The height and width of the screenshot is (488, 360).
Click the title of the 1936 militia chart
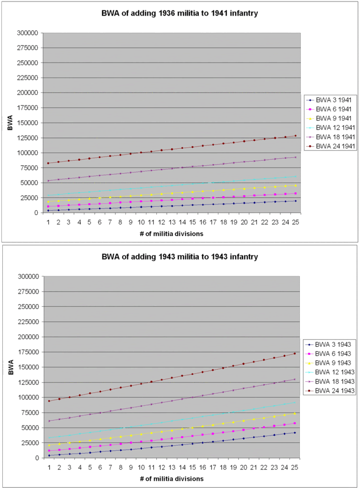(x=180, y=13)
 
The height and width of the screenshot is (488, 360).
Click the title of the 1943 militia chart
(x=180, y=257)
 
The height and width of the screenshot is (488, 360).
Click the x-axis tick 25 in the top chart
(x=295, y=222)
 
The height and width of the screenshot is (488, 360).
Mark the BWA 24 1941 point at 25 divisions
(x=295, y=136)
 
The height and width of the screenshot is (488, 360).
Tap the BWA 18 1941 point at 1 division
(x=48, y=181)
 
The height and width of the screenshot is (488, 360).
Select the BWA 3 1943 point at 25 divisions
(x=295, y=433)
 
